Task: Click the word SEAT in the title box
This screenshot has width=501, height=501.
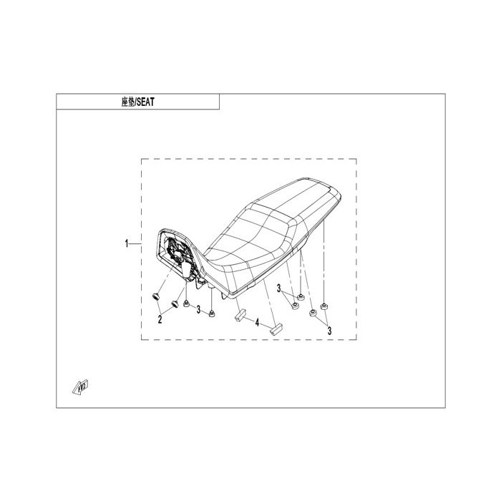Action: (x=145, y=102)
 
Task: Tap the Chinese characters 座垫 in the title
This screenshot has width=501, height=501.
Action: (x=128, y=102)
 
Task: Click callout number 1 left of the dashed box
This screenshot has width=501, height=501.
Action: (x=127, y=244)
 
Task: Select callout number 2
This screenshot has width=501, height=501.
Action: (x=160, y=319)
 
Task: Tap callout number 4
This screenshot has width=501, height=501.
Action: (x=257, y=322)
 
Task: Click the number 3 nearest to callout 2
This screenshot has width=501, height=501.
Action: (x=198, y=309)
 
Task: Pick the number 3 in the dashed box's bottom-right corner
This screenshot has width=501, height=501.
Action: (x=329, y=331)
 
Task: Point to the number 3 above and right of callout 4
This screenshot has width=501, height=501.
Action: (x=278, y=288)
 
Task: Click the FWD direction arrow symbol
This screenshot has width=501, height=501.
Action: (x=80, y=387)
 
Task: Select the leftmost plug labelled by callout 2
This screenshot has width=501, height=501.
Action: (x=155, y=297)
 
